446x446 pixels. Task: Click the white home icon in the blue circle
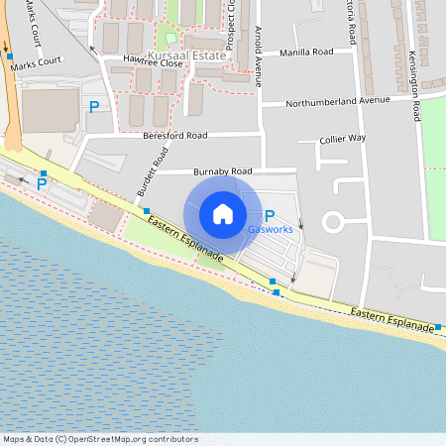tap(223, 214)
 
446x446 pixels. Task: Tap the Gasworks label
tap(270, 230)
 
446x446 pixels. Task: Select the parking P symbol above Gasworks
tap(270, 215)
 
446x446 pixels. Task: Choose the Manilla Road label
tap(307, 52)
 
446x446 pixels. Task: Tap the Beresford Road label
tap(174, 135)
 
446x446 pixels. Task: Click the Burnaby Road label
tap(230, 170)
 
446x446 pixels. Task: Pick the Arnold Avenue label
tap(258, 57)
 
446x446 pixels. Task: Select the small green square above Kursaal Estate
tap(169, 38)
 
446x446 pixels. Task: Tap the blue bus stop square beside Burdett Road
tap(147, 211)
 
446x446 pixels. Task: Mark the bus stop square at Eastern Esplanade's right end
tap(436, 324)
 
